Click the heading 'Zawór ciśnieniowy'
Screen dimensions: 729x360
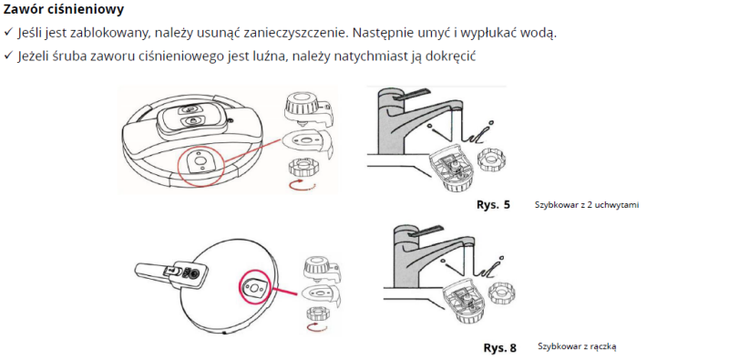coord(64,9)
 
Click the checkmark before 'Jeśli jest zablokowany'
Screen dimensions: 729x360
coord(8,33)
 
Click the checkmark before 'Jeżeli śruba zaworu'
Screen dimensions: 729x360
coord(8,56)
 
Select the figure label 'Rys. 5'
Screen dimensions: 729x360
coord(493,205)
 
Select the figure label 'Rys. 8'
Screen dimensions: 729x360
coord(499,348)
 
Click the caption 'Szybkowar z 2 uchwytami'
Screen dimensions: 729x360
coord(587,205)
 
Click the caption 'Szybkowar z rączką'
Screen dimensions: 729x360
coord(577,346)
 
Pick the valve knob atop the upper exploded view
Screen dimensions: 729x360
coord(306,109)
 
